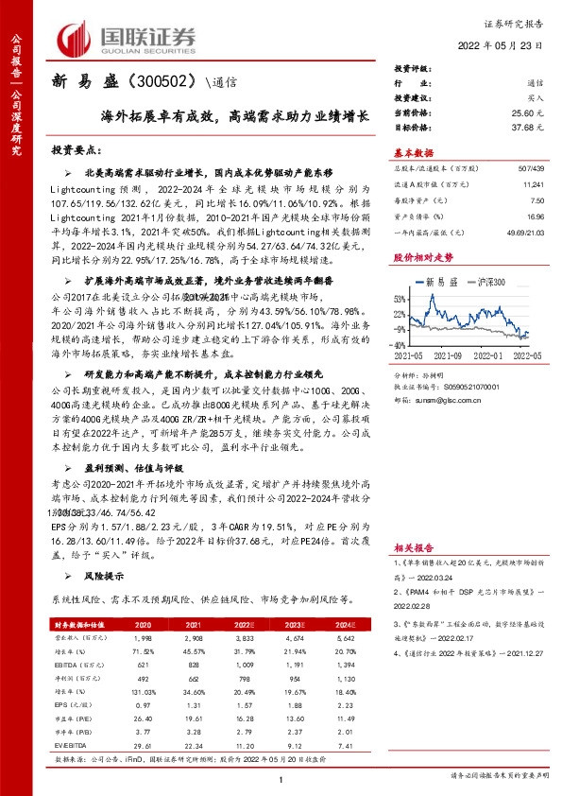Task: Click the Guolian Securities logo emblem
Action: pyautogui.click(x=75, y=39)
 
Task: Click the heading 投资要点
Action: pyautogui.click(x=77, y=150)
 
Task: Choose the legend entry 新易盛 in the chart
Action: pyautogui.click(x=441, y=282)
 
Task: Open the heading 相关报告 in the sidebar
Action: pyautogui.click(x=413, y=546)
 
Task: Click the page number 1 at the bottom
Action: pyautogui.click(x=281, y=777)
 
